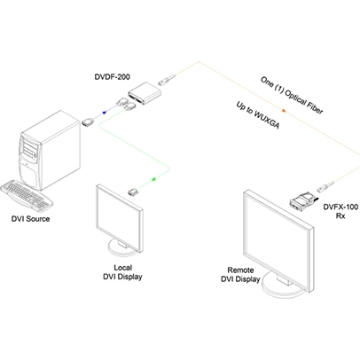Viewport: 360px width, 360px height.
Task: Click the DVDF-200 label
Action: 112,77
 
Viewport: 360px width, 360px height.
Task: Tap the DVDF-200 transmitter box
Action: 145,93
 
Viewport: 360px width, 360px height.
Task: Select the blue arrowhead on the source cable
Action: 104,113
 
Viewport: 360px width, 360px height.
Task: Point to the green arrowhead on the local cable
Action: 153,179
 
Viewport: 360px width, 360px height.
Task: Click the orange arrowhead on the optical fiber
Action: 284,111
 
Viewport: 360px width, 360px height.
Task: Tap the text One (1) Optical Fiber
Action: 292,95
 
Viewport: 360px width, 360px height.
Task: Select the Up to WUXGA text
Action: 258,115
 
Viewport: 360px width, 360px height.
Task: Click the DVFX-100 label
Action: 340,207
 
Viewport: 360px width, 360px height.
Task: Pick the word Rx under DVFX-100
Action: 340,216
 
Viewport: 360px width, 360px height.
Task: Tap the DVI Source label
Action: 30,219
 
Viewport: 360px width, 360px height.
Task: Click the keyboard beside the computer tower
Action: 27,196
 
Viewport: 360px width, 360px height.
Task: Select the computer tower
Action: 50,150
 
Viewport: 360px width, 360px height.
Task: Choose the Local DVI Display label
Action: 122,272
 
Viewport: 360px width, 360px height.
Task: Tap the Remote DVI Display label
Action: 240,274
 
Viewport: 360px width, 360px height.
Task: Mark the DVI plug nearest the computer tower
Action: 88,123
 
